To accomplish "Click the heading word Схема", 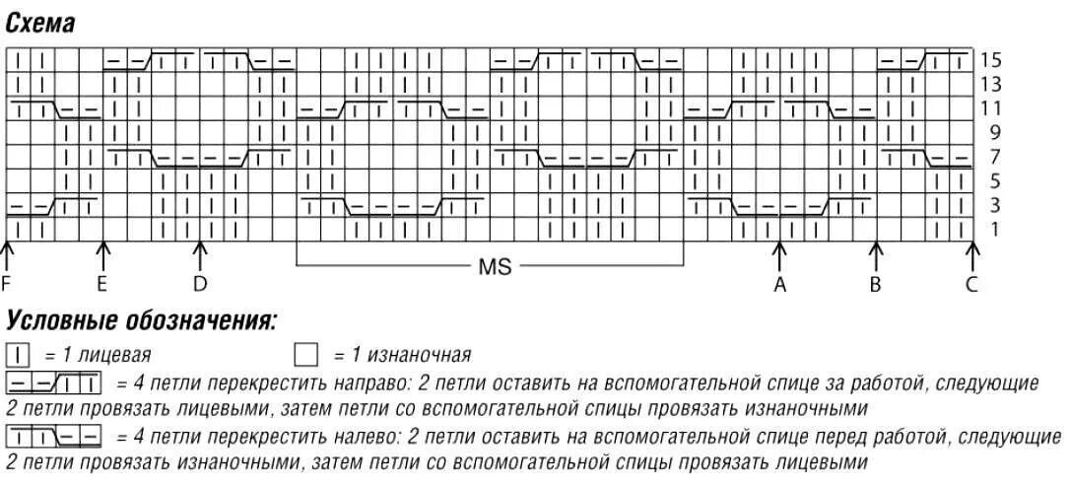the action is [x=40, y=24].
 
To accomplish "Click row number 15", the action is [x=991, y=60].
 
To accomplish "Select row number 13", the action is [x=991, y=85].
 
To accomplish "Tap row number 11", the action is [x=991, y=108].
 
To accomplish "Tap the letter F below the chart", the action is [x=7, y=285].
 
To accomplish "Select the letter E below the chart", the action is [x=102, y=285].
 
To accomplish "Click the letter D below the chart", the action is [x=200, y=285].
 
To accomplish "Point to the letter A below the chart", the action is [x=780, y=285].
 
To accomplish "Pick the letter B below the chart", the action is [x=875, y=285].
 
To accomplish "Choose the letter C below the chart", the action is [x=971, y=285].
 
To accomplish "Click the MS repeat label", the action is [x=495, y=266].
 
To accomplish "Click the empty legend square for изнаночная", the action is [x=307, y=354].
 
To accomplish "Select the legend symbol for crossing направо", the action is [x=54, y=382].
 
